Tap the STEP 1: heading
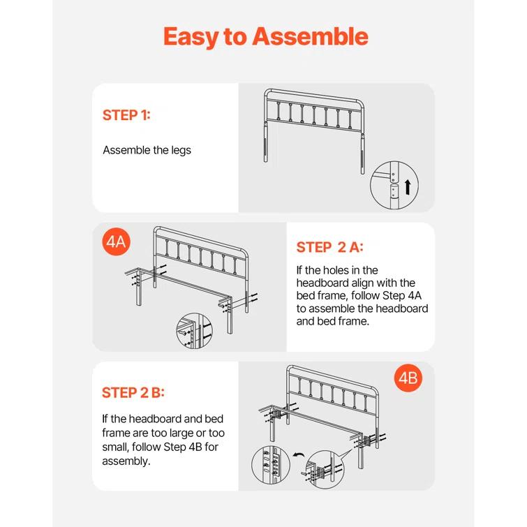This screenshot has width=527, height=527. click(x=126, y=116)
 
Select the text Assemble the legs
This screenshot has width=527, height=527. click(x=147, y=150)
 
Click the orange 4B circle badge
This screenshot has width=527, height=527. click(x=408, y=379)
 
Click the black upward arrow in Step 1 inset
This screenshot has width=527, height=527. click(x=407, y=186)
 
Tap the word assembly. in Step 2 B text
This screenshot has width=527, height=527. click(x=125, y=461)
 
